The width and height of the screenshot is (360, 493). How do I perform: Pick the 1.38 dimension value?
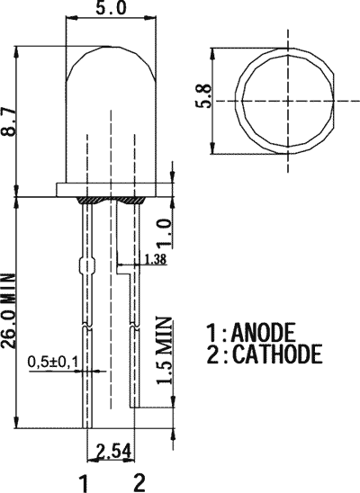(x=155, y=261)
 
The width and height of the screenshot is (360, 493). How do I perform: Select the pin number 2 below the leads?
(x=139, y=481)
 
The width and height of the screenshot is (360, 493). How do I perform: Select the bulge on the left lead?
(x=86, y=267)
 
